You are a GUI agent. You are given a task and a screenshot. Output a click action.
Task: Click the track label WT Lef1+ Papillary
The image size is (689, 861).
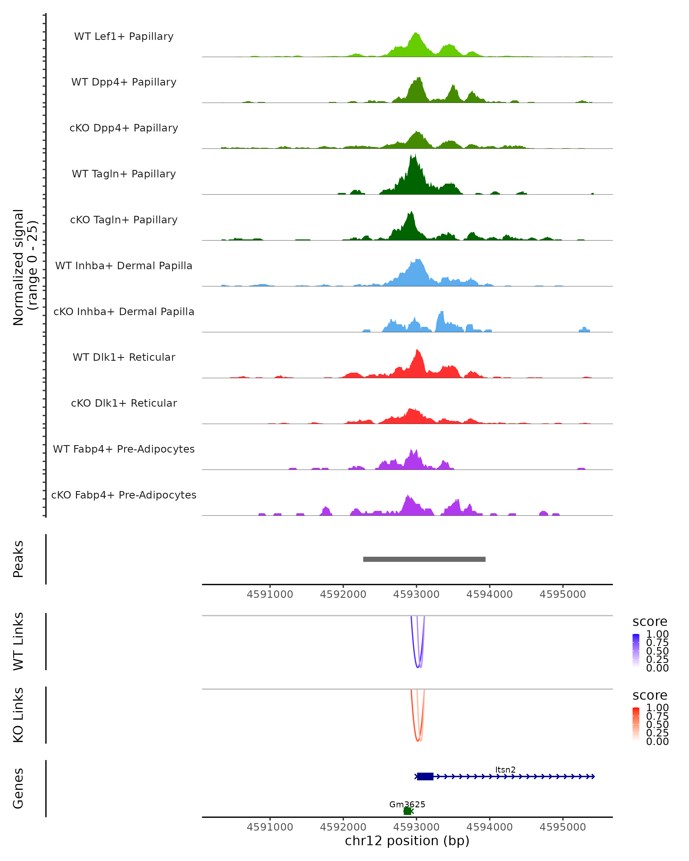(x=124, y=36)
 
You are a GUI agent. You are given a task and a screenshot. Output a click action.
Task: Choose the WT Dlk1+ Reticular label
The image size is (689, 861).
(x=124, y=357)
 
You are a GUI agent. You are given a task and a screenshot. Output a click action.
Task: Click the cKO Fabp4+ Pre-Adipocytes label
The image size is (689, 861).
(x=124, y=495)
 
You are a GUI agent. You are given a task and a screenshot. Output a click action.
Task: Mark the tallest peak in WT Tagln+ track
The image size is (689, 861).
(x=415, y=155)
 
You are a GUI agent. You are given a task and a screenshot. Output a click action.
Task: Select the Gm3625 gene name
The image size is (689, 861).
(x=407, y=804)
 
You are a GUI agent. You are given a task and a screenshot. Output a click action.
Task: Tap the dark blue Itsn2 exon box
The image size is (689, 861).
(x=425, y=776)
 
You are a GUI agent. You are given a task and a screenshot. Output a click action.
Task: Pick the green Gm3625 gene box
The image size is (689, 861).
(x=407, y=811)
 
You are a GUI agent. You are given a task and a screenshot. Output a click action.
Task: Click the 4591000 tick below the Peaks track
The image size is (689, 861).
(x=270, y=594)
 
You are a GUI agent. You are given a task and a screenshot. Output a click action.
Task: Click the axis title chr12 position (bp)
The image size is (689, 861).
(x=407, y=841)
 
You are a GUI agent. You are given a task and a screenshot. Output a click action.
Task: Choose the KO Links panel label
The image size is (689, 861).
(x=18, y=715)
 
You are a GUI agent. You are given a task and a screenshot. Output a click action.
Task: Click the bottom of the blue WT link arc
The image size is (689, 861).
(x=418, y=667)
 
